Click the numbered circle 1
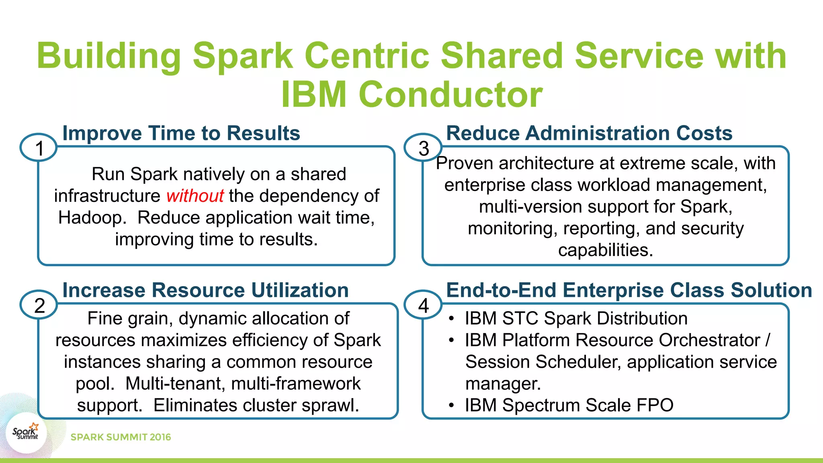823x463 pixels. point(39,148)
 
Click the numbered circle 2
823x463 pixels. point(39,305)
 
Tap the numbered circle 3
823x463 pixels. point(423,148)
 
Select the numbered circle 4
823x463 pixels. point(423,305)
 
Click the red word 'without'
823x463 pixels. point(195,196)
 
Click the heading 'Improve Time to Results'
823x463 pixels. point(181,133)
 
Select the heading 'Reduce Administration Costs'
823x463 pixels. point(589,133)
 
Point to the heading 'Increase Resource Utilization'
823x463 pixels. point(205,290)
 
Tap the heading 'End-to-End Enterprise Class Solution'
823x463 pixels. point(629,290)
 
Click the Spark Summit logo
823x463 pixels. point(26,433)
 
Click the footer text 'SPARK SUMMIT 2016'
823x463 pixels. point(121,437)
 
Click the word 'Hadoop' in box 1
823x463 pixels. point(90,218)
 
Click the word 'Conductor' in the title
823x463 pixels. point(450,95)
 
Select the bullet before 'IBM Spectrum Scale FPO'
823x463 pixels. point(452,405)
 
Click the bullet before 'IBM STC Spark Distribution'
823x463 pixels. point(452,318)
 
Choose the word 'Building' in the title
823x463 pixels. point(109,56)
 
